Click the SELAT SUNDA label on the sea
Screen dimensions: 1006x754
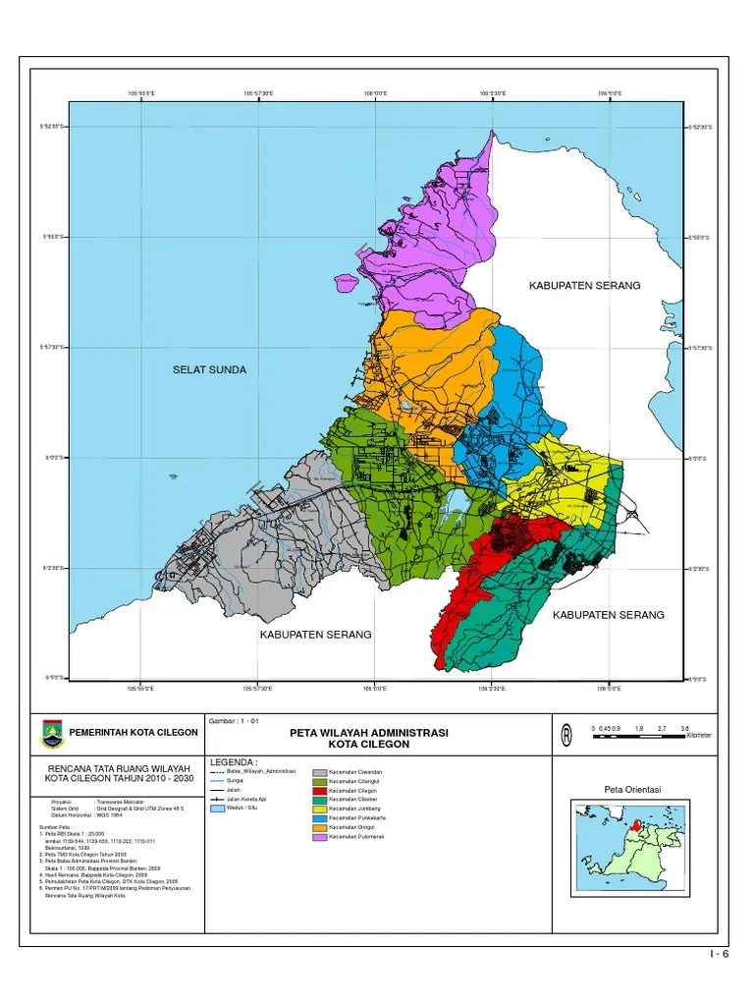point(209,370)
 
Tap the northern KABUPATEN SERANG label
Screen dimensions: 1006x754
point(584,285)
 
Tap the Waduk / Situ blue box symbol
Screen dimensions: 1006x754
point(216,809)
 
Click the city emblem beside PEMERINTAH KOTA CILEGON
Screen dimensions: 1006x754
point(50,732)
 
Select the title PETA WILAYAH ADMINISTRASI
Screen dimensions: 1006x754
point(369,733)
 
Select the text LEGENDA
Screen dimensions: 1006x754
point(234,761)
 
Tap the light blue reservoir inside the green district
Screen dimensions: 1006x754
point(454,505)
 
